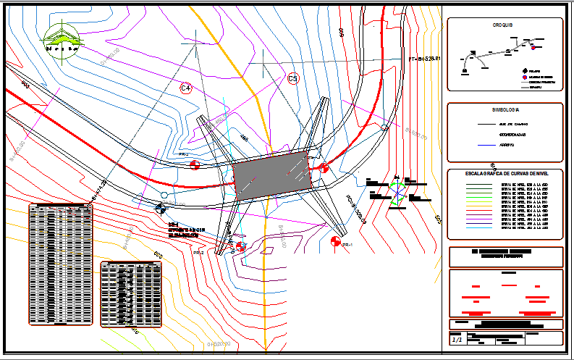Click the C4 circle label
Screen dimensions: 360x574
coord(186,88)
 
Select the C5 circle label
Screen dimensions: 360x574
coord(293,78)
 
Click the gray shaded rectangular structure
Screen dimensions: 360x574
coord(274,176)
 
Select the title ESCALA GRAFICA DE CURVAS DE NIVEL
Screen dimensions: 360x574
coord(505,174)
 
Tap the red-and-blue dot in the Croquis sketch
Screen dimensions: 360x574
coord(533,48)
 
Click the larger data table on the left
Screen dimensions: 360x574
coord(61,265)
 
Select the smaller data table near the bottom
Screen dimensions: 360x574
coord(131,294)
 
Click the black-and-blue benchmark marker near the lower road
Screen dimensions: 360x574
coord(160,209)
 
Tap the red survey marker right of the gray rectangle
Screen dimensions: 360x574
coord(324,167)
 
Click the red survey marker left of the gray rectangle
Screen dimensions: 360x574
coord(195,166)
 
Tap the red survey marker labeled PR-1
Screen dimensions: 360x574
coord(334,240)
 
